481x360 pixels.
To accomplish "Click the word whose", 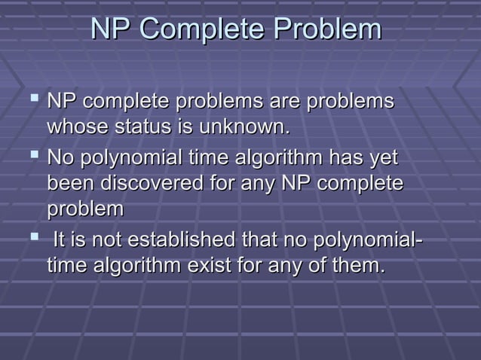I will coord(78,127).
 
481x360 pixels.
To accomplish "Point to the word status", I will coord(142,127).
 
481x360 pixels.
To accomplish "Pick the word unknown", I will coord(244,127).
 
